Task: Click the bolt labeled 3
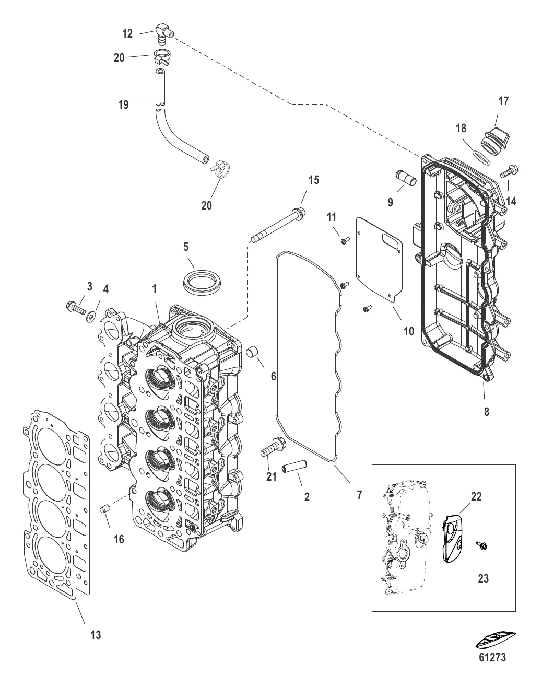click(x=76, y=306)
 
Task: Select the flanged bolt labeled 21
click(x=272, y=446)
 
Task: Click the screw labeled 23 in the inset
click(x=481, y=546)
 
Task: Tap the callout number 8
click(x=486, y=411)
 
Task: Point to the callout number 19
click(x=123, y=105)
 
